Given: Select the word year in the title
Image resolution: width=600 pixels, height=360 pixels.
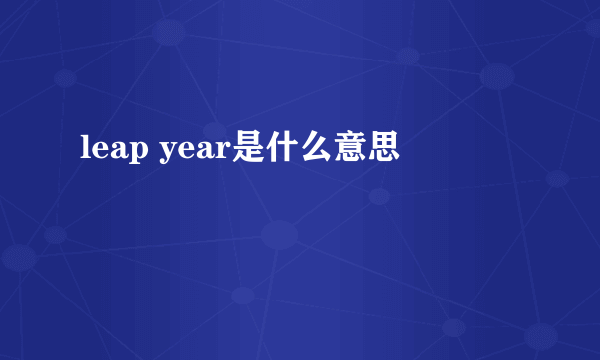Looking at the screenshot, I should click(x=196, y=151).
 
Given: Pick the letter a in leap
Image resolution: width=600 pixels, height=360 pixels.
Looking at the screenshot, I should click(x=118, y=152).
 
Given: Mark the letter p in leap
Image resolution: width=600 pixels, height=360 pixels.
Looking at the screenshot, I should click(x=138, y=154).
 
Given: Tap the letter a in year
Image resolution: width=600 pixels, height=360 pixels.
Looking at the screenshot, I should click(x=205, y=152).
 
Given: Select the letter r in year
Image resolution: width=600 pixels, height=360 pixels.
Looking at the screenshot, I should click(x=223, y=152).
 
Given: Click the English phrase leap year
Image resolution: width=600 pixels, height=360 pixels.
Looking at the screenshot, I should click(x=155, y=151).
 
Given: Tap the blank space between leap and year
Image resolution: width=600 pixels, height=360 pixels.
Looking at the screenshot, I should click(x=154, y=151).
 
